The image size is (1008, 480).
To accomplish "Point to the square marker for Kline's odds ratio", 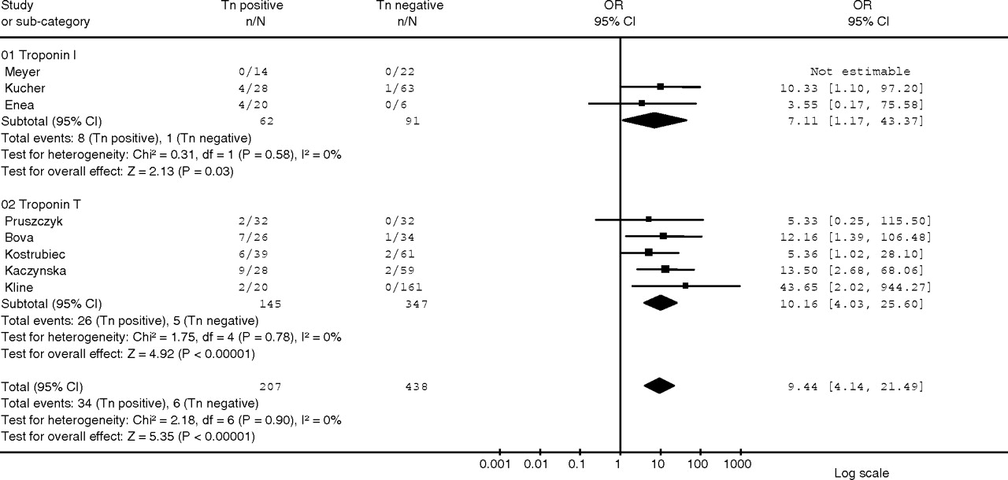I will tap(686, 286).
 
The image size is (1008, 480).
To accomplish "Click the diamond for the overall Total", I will tap(659, 386).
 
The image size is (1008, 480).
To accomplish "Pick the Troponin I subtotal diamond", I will tap(654, 121).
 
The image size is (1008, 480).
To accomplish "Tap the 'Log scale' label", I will tap(862, 473).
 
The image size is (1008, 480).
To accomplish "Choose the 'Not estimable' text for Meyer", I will tap(860, 72).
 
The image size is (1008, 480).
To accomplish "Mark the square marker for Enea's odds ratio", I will tap(642, 102).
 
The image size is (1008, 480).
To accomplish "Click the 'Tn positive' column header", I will tap(251, 6).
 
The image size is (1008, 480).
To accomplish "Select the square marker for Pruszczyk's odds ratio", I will tap(648, 220).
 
